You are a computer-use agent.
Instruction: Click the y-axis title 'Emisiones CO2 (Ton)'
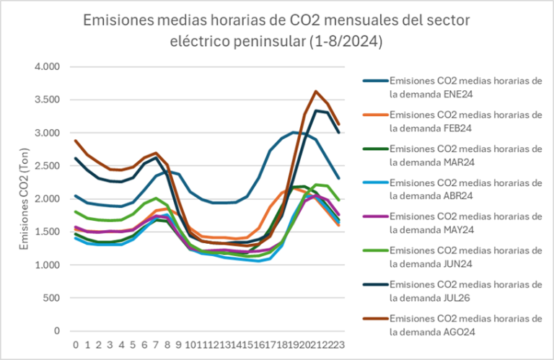click(25, 198)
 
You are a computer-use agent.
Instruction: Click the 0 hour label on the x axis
click(76, 345)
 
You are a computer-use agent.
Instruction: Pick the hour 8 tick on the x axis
click(168, 345)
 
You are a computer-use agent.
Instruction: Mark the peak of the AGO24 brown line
click(316, 92)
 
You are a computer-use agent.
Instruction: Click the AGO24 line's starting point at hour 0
click(76, 141)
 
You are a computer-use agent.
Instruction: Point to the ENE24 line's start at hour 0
click(76, 196)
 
